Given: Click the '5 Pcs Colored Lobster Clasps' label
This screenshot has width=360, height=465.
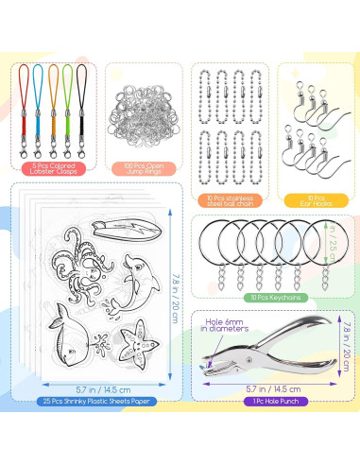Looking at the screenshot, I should pyautogui.click(x=53, y=170).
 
